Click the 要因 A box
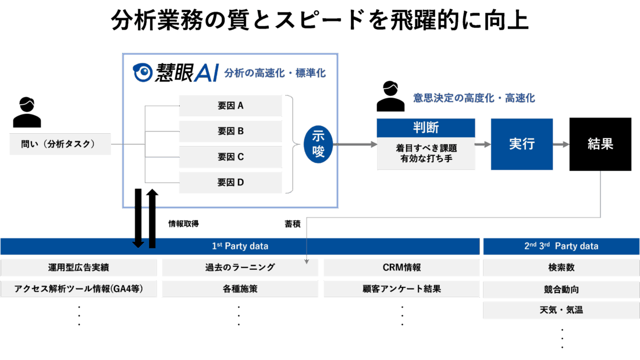[230, 106]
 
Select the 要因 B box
[230, 131]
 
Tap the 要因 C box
[230, 157]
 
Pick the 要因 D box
[230, 183]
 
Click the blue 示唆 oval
[318, 144]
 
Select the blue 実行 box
[521, 144]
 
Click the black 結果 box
[600, 144]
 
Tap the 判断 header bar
[426, 127]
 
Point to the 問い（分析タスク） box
[60, 144]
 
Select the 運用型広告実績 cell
[79, 268]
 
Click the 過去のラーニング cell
[240, 268]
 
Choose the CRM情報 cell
[401, 268]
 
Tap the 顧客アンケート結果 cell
[401, 289]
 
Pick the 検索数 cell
[561, 268]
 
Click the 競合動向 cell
[561, 289]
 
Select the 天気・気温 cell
[561, 310]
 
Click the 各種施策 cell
[240, 289]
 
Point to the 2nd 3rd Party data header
[561, 246]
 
